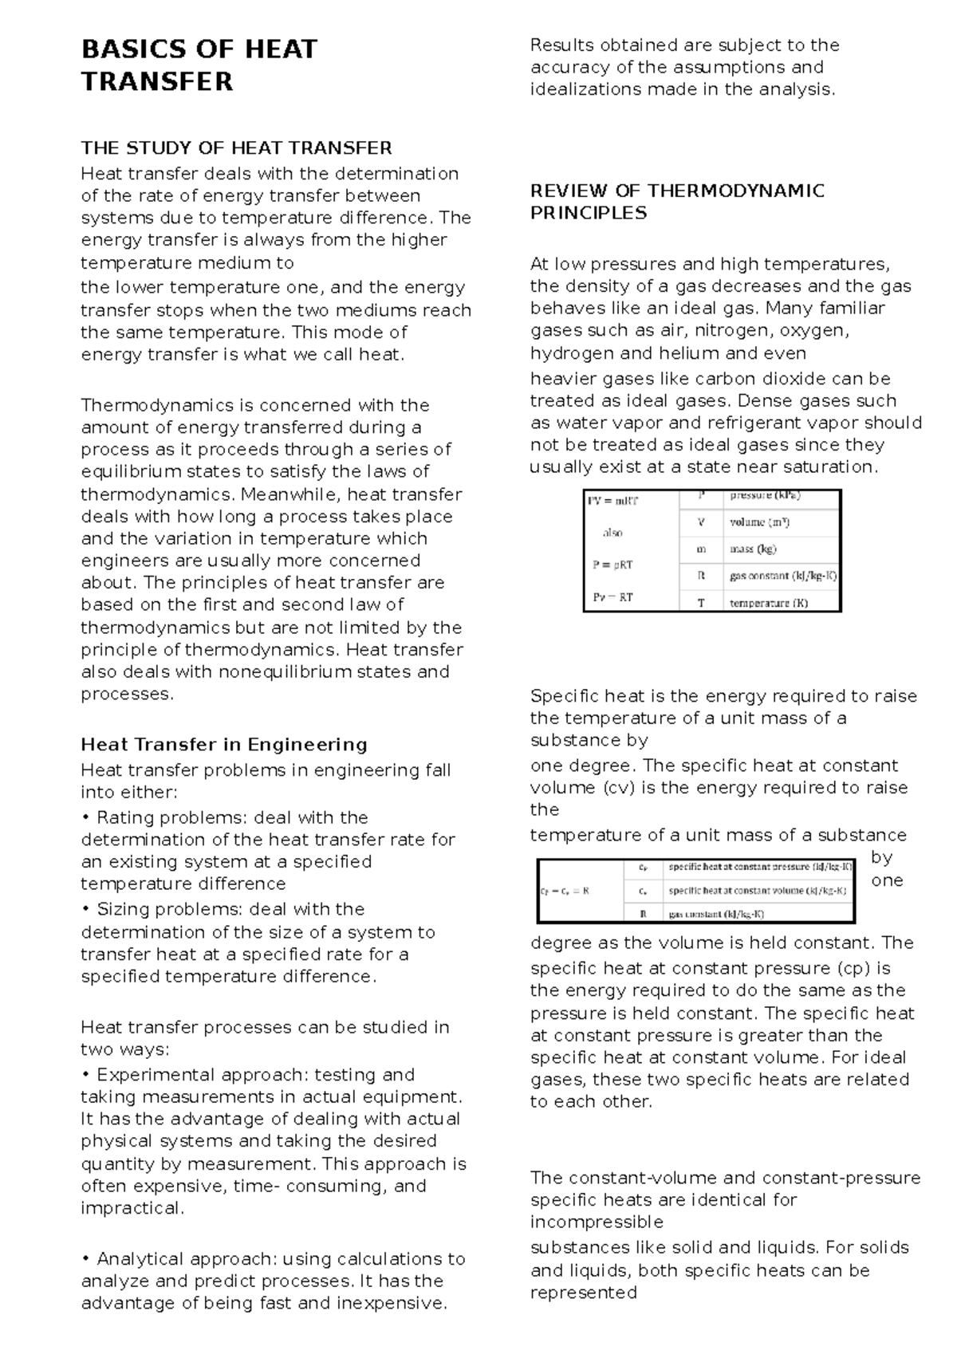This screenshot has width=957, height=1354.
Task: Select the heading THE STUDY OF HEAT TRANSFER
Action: point(237,148)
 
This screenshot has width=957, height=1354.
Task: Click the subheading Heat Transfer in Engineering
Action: point(224,745)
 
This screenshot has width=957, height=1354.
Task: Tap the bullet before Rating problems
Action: point(85,818)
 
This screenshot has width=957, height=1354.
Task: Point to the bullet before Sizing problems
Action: point(85,910)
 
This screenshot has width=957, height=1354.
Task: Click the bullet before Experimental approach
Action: point(85,1075)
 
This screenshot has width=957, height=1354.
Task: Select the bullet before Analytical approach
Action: point(85,1259)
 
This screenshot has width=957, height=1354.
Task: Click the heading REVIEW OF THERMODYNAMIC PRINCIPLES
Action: point(676,202)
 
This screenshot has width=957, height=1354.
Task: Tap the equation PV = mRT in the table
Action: point(613,502)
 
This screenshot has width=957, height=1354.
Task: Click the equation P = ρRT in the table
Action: point(612,565)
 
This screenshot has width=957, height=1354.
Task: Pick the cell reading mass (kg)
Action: point(753,549)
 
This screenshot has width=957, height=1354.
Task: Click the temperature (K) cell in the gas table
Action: point(768,603)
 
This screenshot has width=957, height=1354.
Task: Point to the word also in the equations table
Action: point(612,533)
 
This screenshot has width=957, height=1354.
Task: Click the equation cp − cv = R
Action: point(565,892)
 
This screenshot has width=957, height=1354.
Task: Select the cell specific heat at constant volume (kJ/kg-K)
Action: point(757,891)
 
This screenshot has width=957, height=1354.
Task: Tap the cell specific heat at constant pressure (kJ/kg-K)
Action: point(759,867)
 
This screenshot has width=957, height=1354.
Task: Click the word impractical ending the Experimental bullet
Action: point(131,1209)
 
